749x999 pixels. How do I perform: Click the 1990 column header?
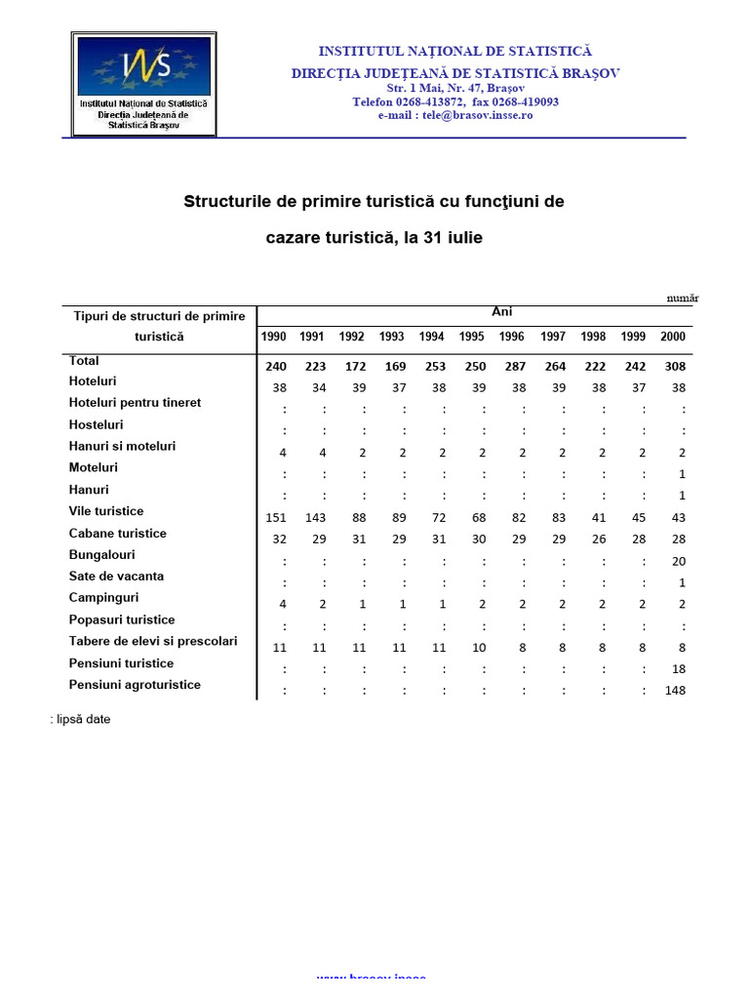click(x=274, y=337)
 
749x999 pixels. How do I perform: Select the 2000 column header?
click(x=673, y=337)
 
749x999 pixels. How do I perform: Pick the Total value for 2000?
click(x=673, y=367)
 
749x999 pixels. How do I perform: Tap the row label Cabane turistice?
click(x=118, y=534)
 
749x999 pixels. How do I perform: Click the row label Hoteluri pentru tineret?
click(x=136, y=403)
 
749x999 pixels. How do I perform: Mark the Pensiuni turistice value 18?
click(x=679, y=669)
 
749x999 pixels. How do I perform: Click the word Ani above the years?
click(x=501, y=312)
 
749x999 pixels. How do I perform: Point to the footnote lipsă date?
click(x=82, y=720)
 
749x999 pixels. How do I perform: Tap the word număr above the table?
click(x=682, y=299)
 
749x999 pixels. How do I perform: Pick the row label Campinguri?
click(x=104, y=597)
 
